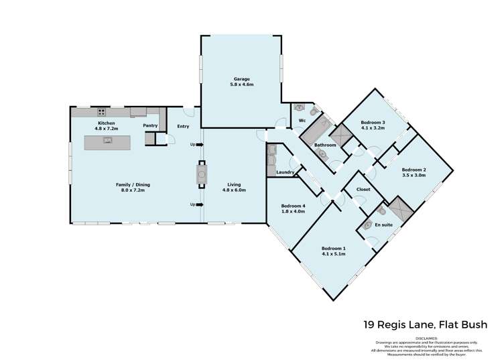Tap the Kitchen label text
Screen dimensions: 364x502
(107, 123)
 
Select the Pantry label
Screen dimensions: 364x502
(150, 125)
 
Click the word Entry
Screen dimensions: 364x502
(183, 126)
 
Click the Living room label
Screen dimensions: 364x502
(233, 184)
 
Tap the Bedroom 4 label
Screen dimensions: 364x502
(293, 206)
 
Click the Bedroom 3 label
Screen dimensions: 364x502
(373, 123)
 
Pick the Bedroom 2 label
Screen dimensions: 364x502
(414, 170)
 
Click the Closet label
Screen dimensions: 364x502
(363, 190)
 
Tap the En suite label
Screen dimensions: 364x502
(383, 225)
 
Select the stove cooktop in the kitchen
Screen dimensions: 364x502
(102, 112)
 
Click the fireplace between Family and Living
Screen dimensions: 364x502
(201, 175)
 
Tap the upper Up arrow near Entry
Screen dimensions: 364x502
(196, 144)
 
